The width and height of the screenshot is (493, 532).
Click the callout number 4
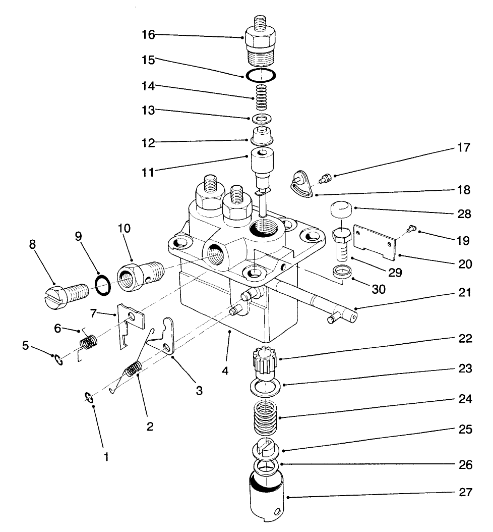[225, 370]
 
